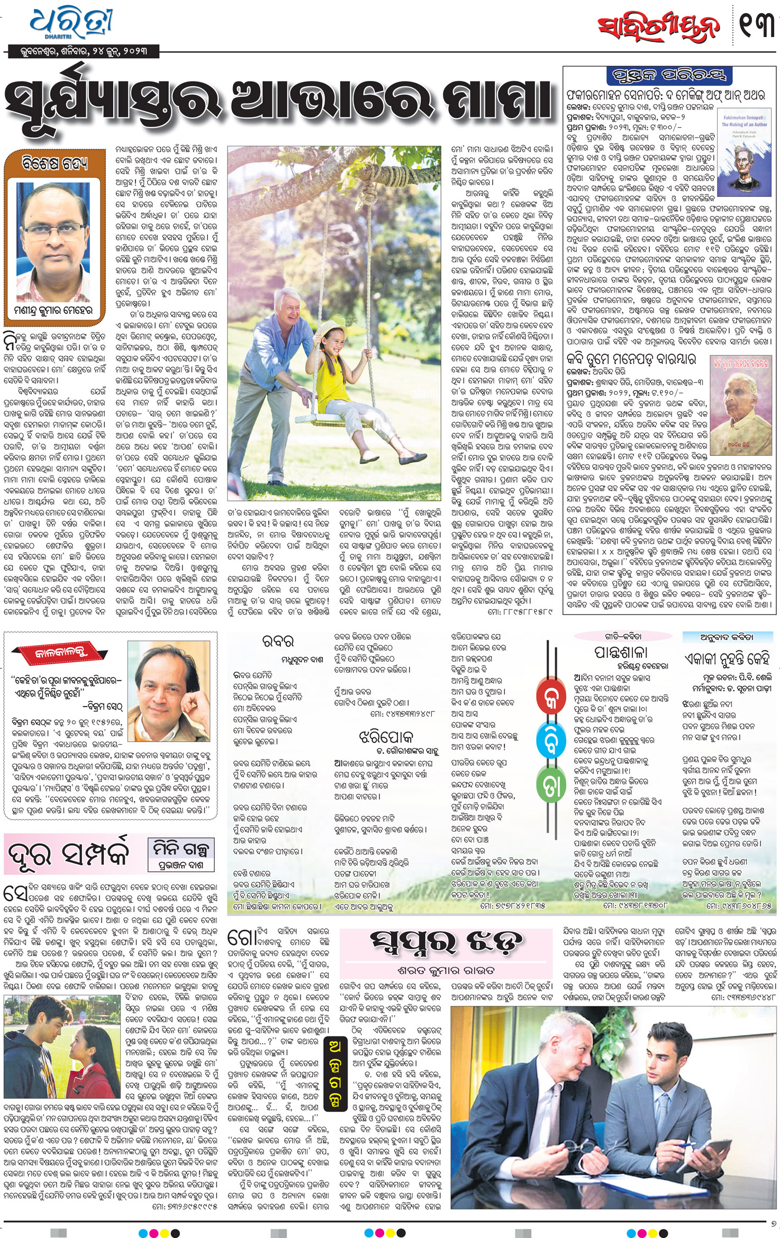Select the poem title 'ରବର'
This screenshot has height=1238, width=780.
pyautogui.click(x=278, y=641)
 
